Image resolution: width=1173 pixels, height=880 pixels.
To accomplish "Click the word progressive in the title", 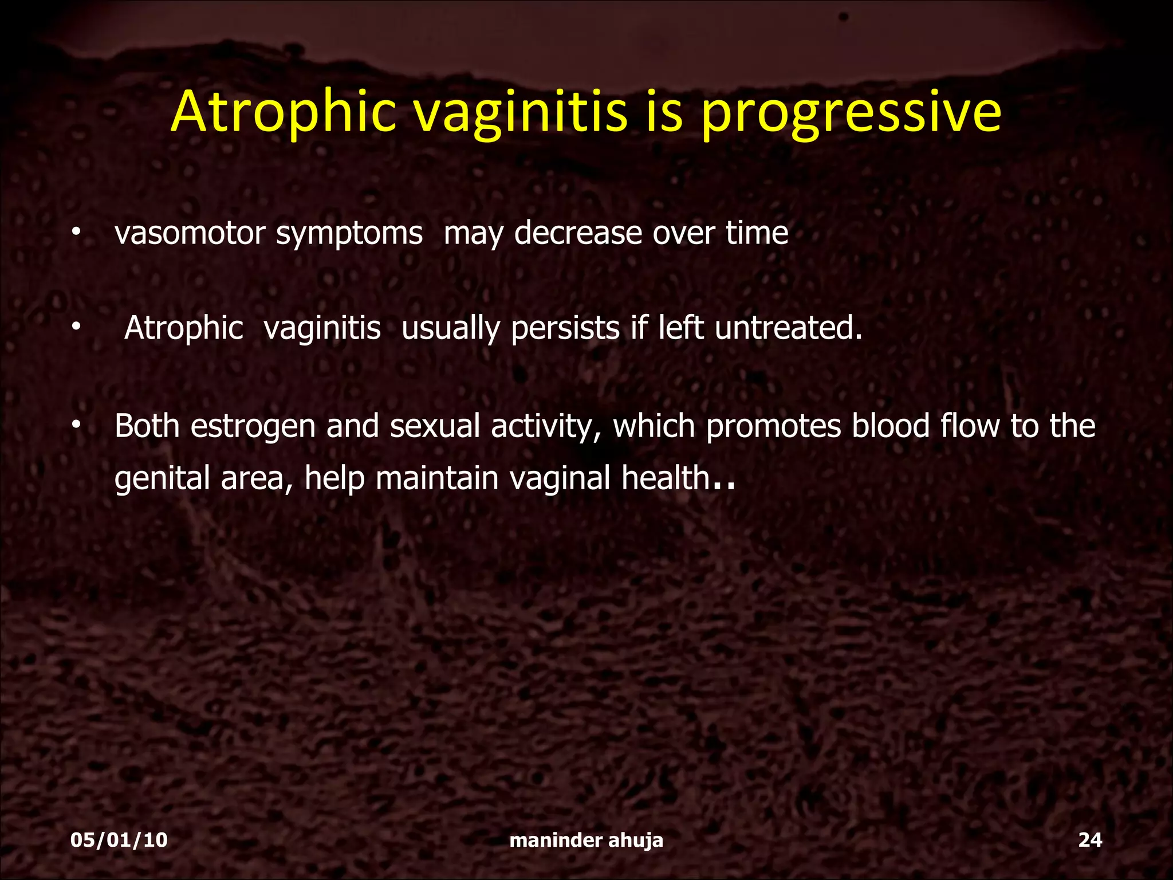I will point(851,112).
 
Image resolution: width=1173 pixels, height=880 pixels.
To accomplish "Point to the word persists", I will point(565,328).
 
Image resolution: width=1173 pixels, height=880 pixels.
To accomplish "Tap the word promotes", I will point(773,427).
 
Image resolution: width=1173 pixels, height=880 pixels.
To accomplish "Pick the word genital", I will point(162,479).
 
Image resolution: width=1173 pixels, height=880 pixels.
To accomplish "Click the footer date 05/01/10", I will point(119,840).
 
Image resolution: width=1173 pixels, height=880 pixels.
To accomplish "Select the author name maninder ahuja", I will point(586,840).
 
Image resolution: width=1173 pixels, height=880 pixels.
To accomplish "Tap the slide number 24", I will point(1090,840).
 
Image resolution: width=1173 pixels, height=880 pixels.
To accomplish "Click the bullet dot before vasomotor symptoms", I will point(75,233).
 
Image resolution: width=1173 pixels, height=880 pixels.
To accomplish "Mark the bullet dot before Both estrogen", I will point(75,426).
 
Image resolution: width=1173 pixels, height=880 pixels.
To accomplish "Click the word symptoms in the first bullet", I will point(349,234).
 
